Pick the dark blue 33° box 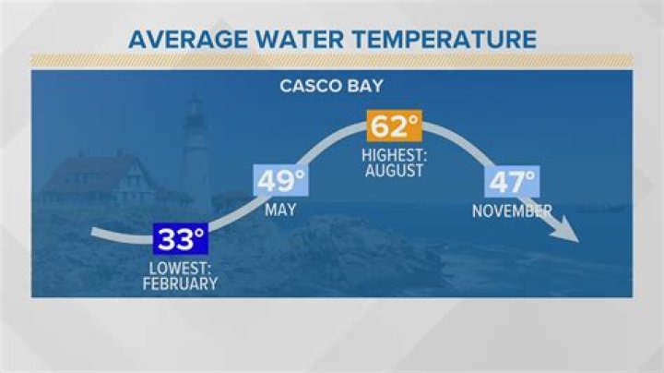[180, 240]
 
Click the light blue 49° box [281, 181]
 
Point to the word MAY [280, 211]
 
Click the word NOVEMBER [512, 211]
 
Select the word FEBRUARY [180, 284]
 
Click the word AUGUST [394, 171]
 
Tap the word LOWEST [181, 270]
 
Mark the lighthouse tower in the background [196, 162]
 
